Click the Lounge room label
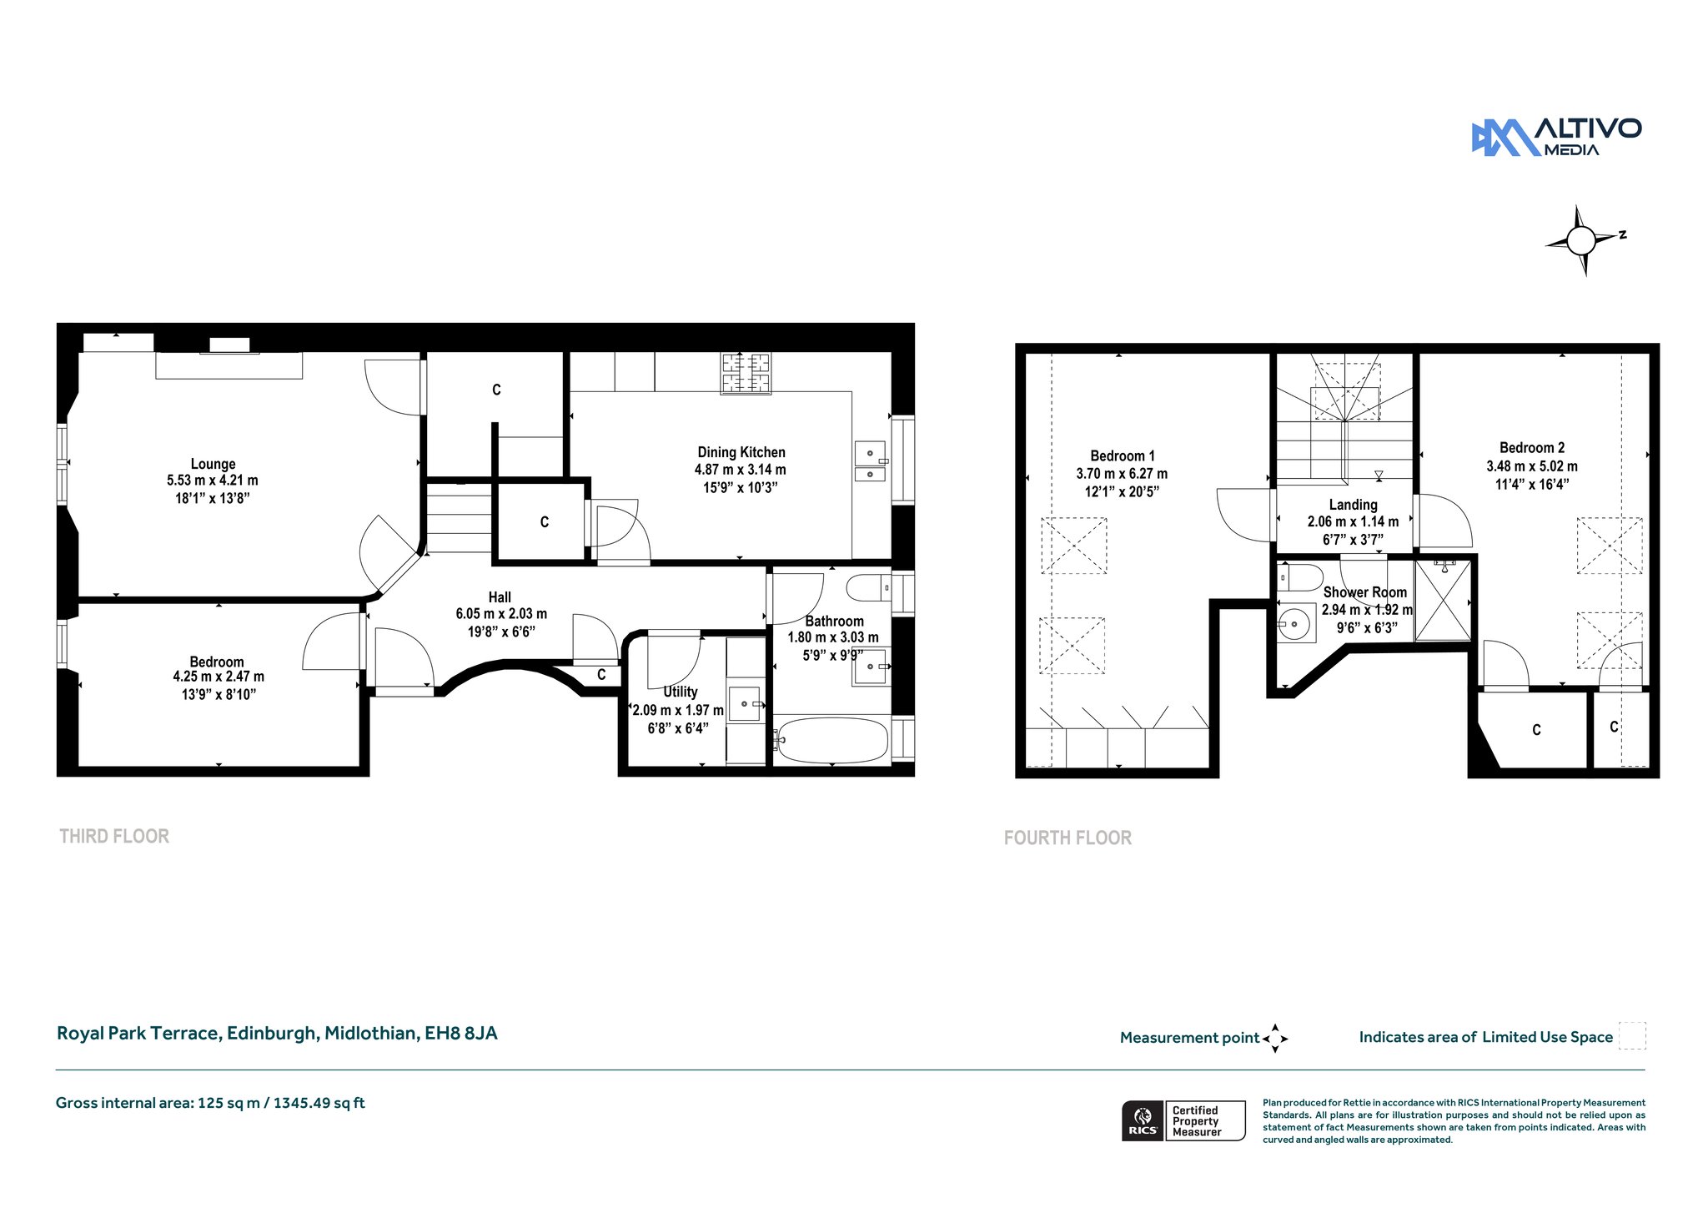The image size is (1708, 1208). pos(213,464)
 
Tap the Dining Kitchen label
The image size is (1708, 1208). pos(741,452)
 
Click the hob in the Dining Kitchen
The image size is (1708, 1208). pos(746,372)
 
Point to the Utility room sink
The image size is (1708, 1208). pos(746,704)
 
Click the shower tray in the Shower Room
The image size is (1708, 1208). pos(1444,600)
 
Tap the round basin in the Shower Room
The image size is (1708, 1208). pos(1295,622)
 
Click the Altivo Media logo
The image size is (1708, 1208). pos(1556,138)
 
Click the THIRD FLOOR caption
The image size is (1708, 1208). pos(114,836)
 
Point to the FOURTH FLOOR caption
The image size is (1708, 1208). pos(1067,838)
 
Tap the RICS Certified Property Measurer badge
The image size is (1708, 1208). pos(1183,1120)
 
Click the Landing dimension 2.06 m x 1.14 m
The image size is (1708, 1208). pos(1353,522)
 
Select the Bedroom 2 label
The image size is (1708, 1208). pos(1532,448)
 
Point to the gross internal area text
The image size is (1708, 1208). pos(210,1103)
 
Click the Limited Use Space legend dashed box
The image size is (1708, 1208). pos(1632,1036)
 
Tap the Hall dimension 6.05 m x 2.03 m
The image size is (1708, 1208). pos(501,614)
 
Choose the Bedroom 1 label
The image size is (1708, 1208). pos(1123,456)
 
